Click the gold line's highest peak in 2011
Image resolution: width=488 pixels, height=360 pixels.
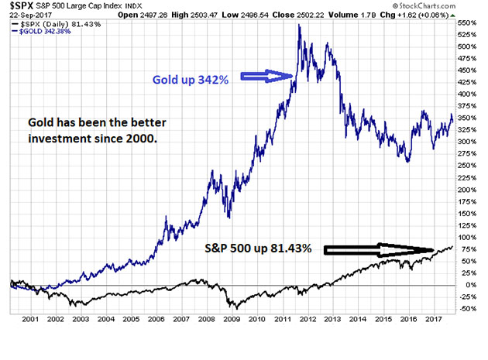click(x=299, y=26)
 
